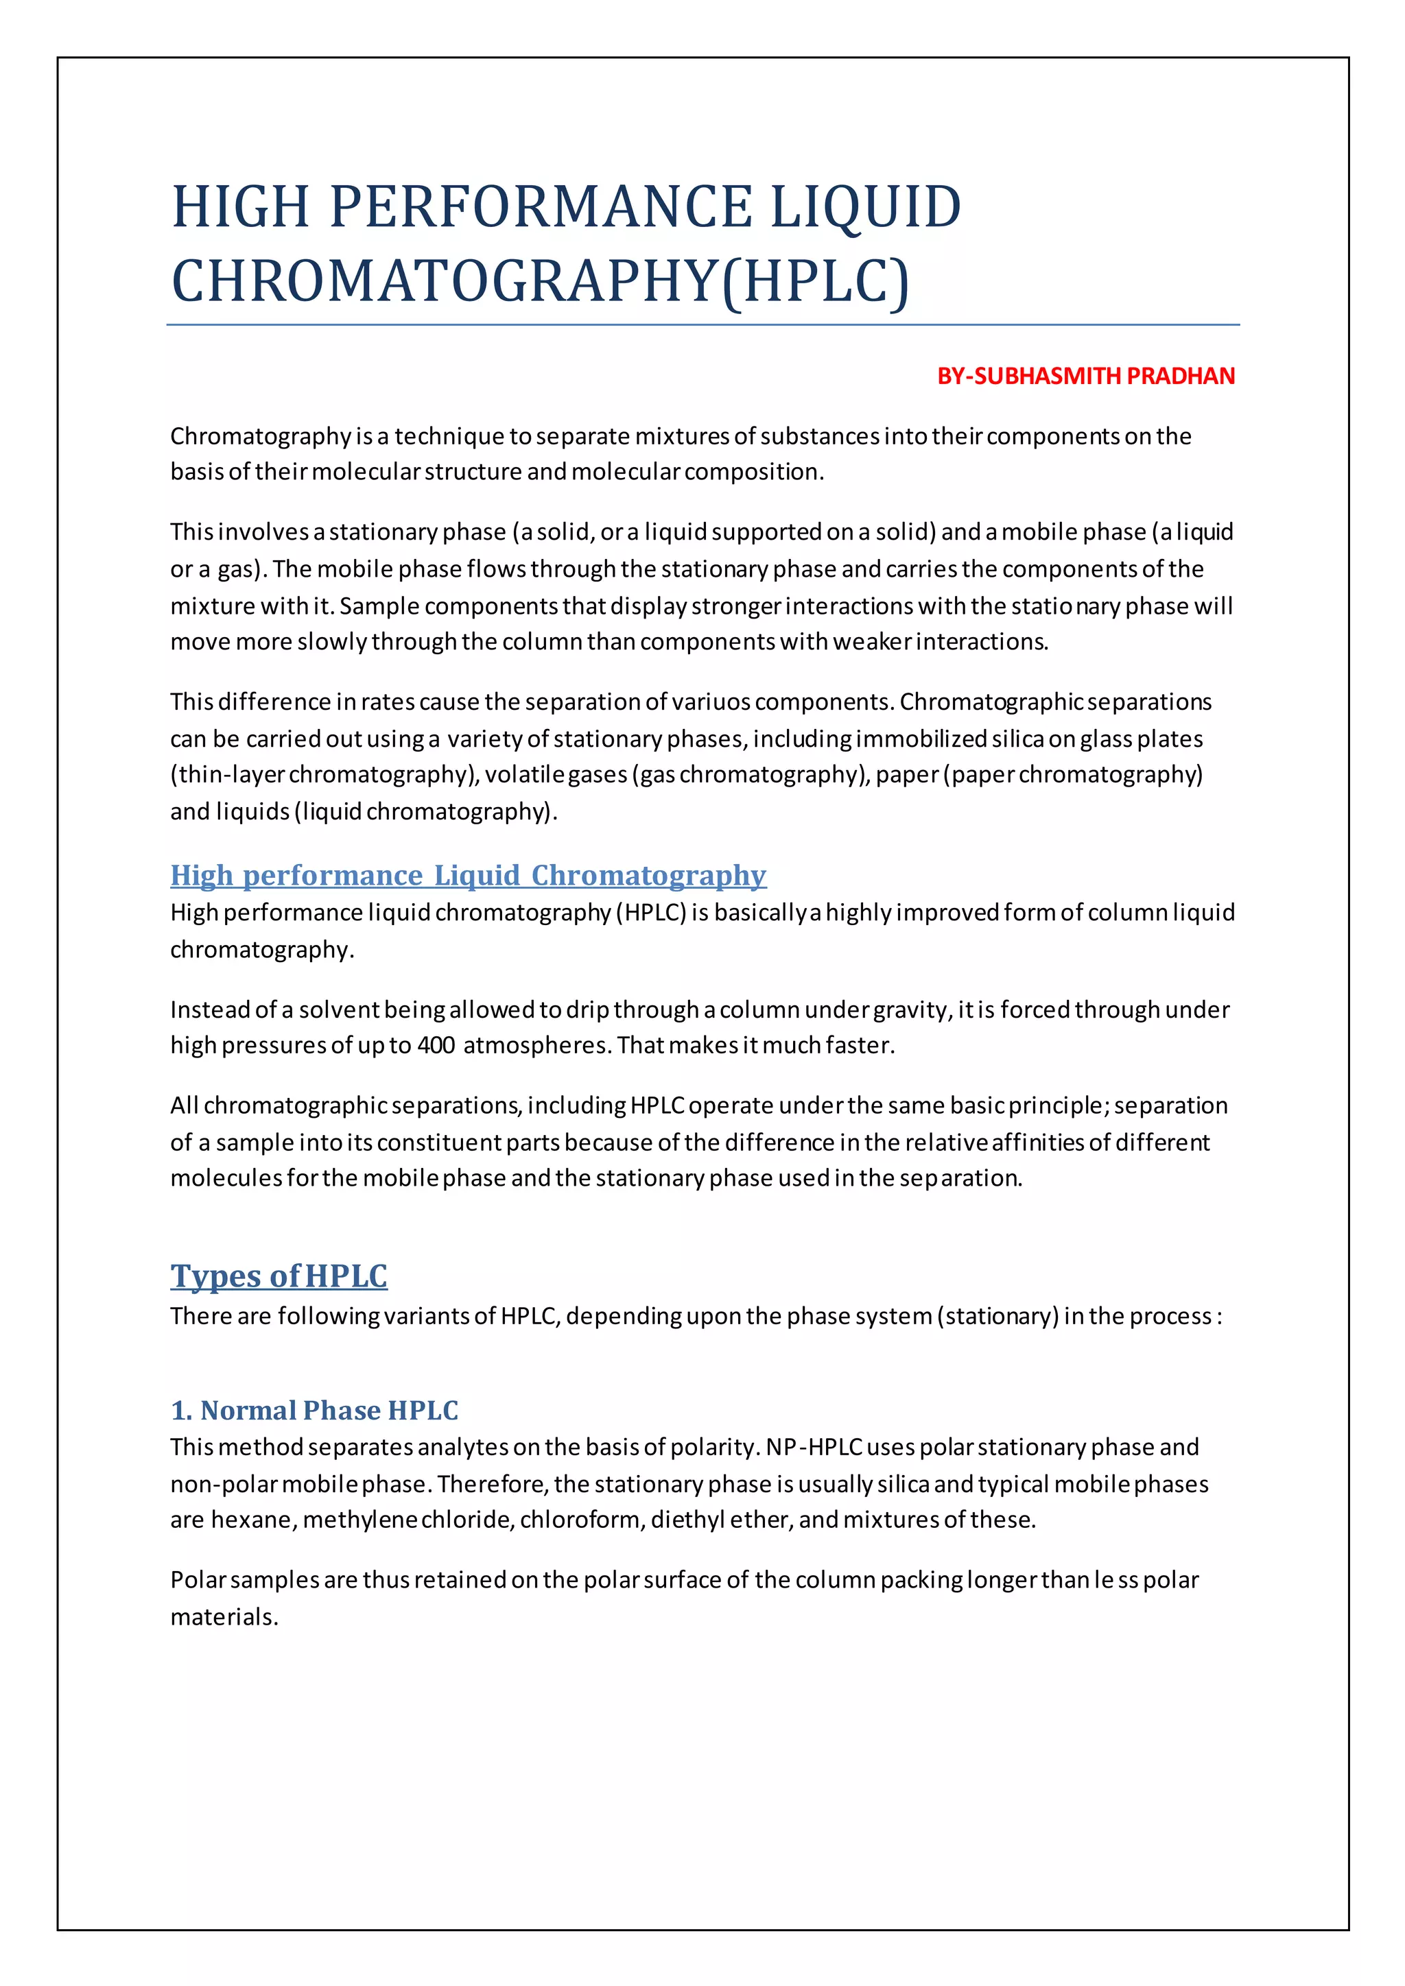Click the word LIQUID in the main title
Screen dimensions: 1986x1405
(865, 208)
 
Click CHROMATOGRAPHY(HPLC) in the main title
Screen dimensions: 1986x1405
(540, 281)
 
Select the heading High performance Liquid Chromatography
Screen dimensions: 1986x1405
(468, 874)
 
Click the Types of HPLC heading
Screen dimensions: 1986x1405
(279, 1276)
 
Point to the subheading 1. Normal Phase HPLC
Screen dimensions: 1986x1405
(314, 1410)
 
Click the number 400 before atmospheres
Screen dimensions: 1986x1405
(436, 1045)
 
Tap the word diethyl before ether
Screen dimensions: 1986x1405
(687, 1520)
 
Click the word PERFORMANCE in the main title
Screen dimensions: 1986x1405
(541, 208)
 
